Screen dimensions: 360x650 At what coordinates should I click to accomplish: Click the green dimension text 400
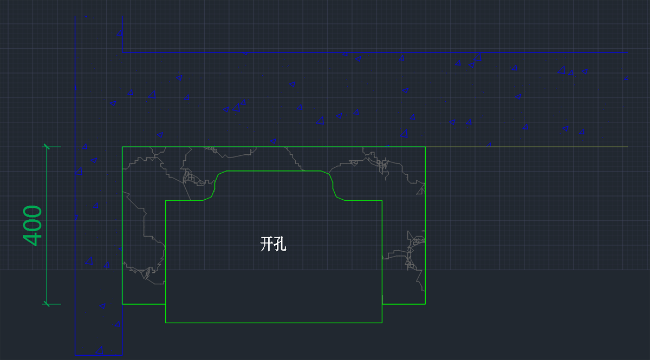33,225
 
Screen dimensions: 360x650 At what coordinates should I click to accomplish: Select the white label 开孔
273,245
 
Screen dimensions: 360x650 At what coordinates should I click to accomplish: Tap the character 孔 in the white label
280,245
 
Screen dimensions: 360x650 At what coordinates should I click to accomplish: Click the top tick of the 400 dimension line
47,147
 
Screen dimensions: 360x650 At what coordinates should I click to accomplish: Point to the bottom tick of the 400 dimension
47,304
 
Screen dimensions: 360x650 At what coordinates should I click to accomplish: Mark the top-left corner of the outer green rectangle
122,147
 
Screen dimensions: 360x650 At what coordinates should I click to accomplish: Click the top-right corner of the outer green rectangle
425,147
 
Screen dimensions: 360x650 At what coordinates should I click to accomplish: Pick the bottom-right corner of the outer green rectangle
425,304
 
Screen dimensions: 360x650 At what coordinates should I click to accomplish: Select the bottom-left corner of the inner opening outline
166,323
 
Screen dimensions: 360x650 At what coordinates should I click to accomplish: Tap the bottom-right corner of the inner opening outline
382,323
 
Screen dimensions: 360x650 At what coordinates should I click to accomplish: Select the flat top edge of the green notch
274,171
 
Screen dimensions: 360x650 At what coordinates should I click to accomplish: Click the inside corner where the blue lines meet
122,52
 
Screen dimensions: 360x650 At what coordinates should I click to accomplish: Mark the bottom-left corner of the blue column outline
75,355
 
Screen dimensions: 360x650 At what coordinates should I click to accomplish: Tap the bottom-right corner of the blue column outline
122,355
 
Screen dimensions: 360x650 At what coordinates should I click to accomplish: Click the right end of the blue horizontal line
627,52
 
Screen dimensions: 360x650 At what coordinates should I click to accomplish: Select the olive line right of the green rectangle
525,147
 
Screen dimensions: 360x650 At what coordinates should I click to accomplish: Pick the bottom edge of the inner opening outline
274,323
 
